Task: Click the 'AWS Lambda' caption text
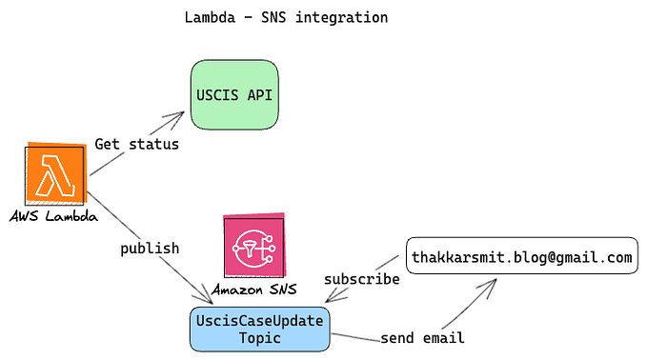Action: pos(53,217)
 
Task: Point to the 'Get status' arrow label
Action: pos(136,145)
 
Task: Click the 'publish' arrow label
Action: pos(150,248)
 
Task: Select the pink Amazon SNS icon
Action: pos(253,245)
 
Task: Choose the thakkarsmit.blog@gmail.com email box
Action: pos(521,256)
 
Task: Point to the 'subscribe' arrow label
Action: pos(361,280)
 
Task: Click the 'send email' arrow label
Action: pos(422,338)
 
